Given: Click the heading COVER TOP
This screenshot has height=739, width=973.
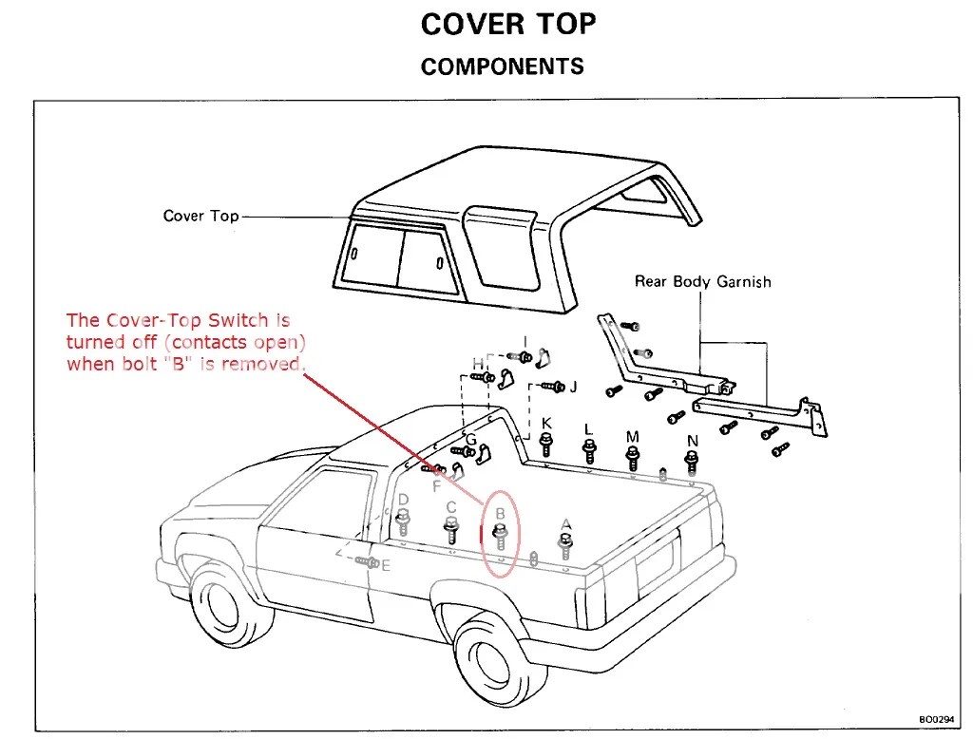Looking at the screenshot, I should click(x=508, y=25).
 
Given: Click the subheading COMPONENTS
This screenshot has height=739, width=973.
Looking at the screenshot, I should click(x=502, y=66).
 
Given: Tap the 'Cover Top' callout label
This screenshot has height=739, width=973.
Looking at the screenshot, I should click(x=200, y=216).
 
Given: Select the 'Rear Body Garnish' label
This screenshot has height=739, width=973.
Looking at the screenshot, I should click(x=702, y=281).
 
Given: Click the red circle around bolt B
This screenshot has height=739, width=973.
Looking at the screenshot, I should click(x=501, y=535).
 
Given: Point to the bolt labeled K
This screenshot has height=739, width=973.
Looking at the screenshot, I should click(x=546, y=443).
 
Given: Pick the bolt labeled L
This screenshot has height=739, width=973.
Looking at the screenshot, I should click(x=589, y=447).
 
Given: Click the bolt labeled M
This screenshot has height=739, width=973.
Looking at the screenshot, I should click(x=632, y=457).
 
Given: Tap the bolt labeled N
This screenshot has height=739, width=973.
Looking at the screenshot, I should click(x=692, y=462).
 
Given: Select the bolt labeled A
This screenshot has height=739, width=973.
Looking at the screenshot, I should click(x=566, y=545).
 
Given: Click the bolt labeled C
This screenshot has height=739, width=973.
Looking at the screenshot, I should click(x=451, y=529).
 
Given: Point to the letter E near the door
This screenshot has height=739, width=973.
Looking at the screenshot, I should click(x=385, y=565).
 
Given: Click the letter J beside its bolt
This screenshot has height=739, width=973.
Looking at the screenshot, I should click(x=572, y=387).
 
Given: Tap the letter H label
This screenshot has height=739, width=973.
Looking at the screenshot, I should click(x=478, y=364).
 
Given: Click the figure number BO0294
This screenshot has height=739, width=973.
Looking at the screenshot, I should click(x=937, y=720).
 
